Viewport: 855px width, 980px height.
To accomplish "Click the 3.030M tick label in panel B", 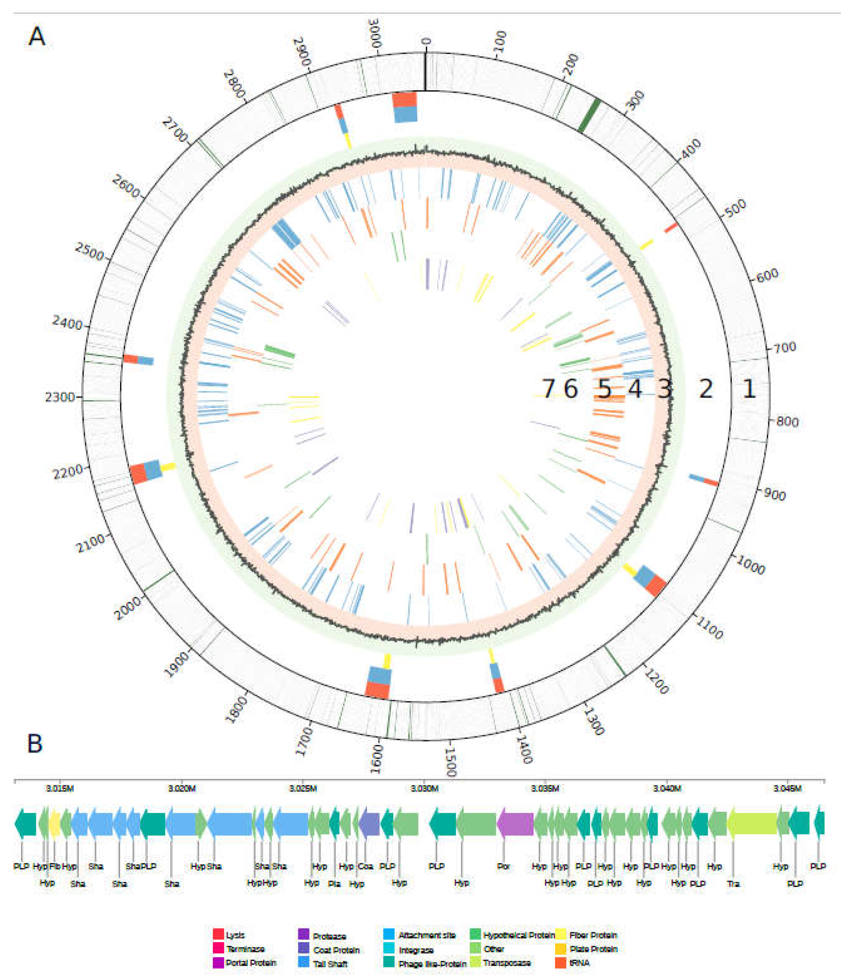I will (424, 788).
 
